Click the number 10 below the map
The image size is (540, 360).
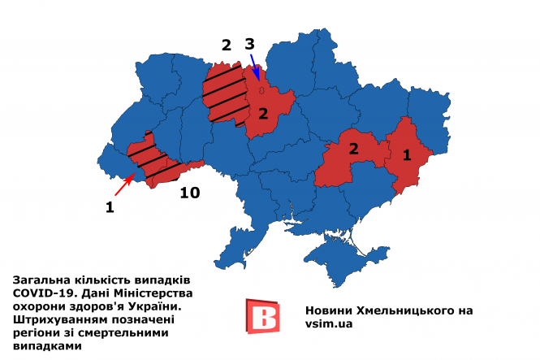188,193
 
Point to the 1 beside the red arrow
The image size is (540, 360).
110,207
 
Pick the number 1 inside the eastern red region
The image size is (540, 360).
408,153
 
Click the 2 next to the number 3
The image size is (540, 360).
227,45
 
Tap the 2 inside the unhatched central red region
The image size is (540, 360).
262,113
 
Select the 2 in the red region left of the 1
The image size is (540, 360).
354,149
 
